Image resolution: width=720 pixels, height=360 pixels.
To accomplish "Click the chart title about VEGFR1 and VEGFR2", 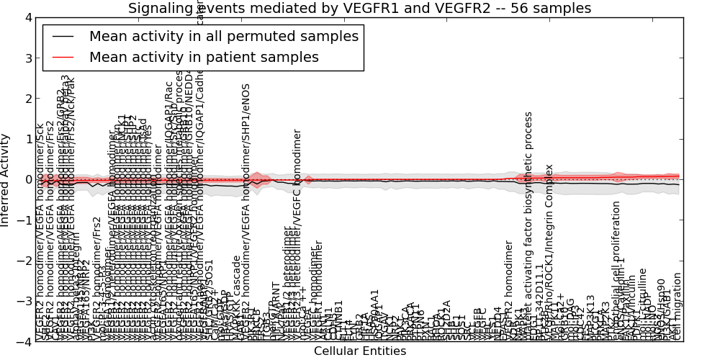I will (359, 8).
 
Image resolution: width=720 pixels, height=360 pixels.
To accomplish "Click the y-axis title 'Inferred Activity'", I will (6, 180).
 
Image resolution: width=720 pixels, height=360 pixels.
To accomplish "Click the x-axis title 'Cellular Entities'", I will (359, 351).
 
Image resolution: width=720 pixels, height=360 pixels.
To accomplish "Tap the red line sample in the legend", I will (63, 57).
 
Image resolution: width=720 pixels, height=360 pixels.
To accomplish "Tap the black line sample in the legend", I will (63, 36).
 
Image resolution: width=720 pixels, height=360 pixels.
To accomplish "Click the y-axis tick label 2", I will (28, 99).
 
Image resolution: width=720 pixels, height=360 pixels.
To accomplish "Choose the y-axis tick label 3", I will (28, 58).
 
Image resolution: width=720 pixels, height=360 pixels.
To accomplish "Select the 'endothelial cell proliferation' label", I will (616, 271).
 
